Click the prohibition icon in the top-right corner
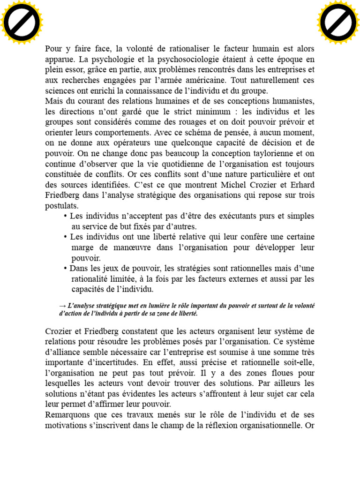[337, 22]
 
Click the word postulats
[61, 206]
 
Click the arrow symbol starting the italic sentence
[62, 306]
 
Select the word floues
[278, 373]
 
